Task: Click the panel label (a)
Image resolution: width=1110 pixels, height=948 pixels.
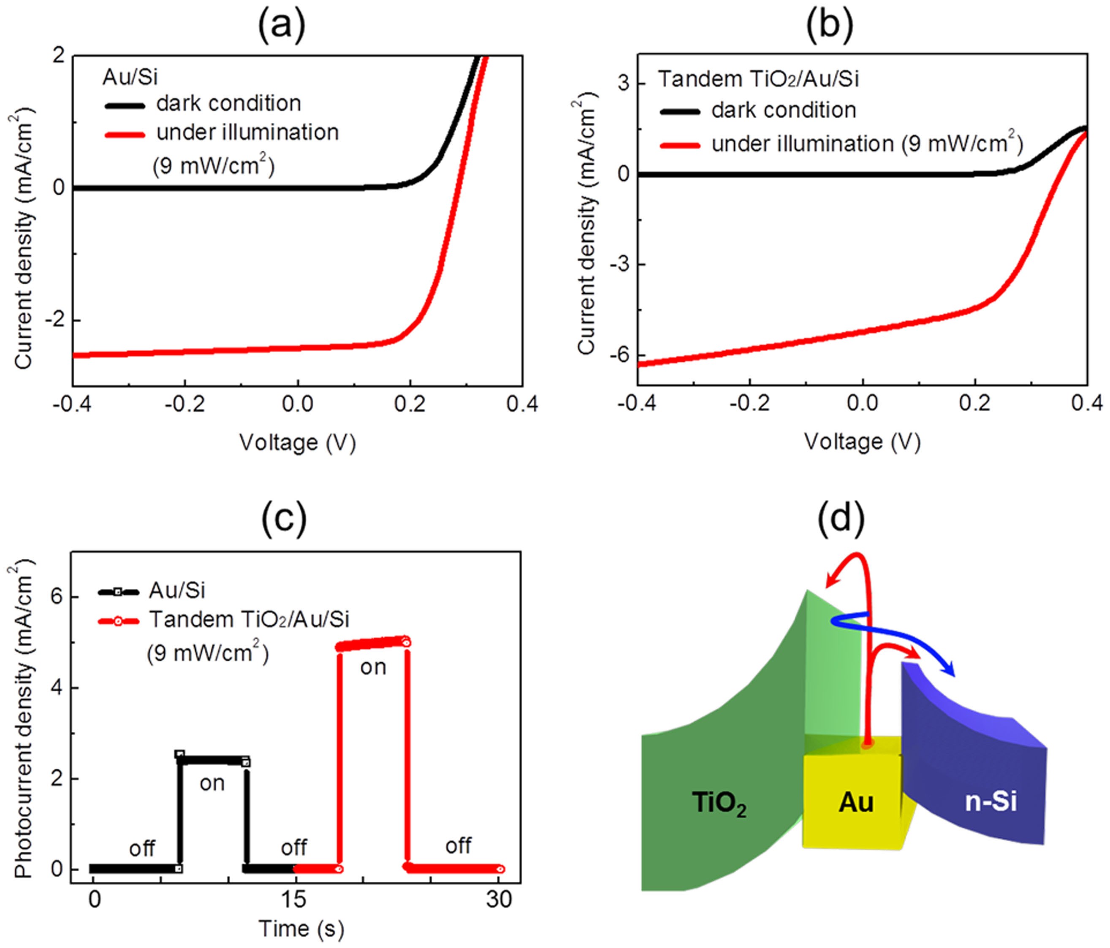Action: click(x=281, y=25)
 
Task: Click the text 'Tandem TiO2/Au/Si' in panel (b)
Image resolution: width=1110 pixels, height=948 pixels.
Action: click(x=758, y=79)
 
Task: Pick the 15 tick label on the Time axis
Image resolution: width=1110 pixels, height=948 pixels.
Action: click(x=293, y=900)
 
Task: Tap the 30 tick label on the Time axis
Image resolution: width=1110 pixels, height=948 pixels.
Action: click(x=499, y=900)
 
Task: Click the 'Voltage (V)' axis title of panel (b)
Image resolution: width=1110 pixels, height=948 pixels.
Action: click(x=862, y=442)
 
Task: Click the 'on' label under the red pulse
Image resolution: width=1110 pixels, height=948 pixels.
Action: click(x=373, y=668)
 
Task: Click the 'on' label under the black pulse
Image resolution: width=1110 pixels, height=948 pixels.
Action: click(x=212, y=783)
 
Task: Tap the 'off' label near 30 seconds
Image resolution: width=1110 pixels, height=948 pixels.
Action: click(x=459, y=846)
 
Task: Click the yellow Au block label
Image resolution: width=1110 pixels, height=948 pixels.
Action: click(x=855, y=802)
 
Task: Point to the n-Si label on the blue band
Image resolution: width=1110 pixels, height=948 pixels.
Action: click(x=991, y=802)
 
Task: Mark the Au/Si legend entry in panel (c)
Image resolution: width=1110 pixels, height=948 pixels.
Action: click(x=177, y=590)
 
